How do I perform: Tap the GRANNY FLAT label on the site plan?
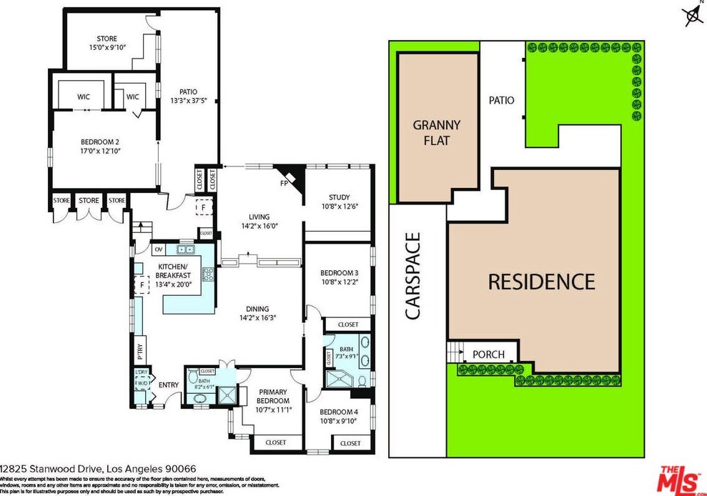[x=436, y=132]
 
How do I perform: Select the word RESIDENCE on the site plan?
[x=541, y=281]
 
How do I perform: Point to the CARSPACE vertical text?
[x=411, y=275]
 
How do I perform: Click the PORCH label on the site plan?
[x=489, y=354]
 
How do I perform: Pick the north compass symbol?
[x=692, y=14]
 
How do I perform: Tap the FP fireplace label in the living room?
[x=285, y=183]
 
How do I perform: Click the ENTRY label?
[x=169, y=385]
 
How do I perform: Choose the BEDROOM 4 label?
[x=338, y=412]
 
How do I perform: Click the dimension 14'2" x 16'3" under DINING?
[x=257, y=318]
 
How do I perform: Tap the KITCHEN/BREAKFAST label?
[x=174, y=271]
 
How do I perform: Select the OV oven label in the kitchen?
[x=159, y=250]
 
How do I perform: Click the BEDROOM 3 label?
[x=339, y=272]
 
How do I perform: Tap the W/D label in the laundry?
[x=142, y=382]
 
